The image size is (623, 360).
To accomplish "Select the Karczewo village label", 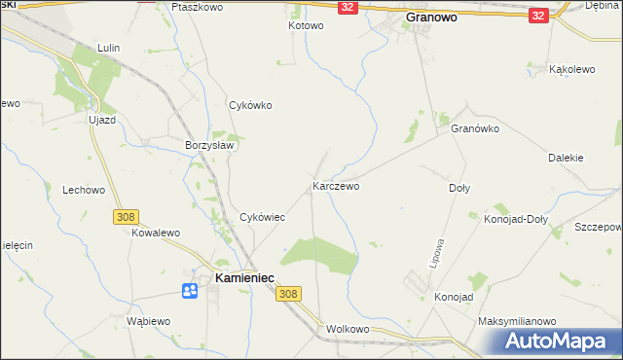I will pyautogui.click(x=336, y=185).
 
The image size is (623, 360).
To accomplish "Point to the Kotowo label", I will pyautogui.click(x=305, y=25).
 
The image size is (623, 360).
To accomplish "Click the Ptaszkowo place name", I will pyautogui.click(x=198, y=6).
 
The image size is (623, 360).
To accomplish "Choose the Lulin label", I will pyautogui.click(x=108, y=47).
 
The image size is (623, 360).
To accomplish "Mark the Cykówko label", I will pyautogui.click(x=249, y=105).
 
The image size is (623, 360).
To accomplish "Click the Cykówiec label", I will pyautogui.click(x=262, y=217).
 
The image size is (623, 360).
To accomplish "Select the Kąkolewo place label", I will pyautogui.click(x=571, y=70).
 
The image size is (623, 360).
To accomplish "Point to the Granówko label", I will pyautogui.click(x=475, y=128).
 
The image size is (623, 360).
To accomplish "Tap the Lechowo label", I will pyautogui.click(x=83, y=191).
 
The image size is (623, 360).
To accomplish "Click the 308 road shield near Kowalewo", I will pyautogui.click(x=126, y=217).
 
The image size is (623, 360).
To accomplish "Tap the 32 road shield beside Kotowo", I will pyautogui.click(x=348, y=7).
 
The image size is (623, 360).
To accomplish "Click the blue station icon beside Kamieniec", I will pyautogui.click(x=190, y=289).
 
